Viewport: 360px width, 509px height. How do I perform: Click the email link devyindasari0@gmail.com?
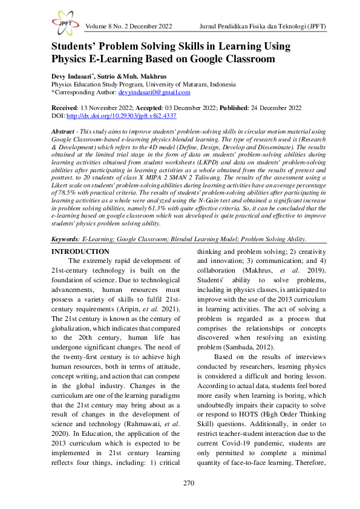[154, 92]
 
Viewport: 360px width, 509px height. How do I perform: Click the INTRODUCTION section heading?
[80, 251]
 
